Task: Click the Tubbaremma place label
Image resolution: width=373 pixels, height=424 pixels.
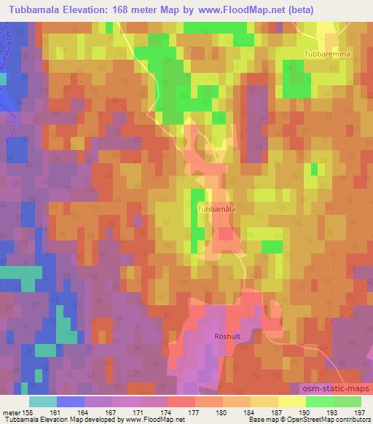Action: (x=327, y=55)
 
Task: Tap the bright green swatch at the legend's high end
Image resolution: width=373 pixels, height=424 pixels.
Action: (x=347, y=401)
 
